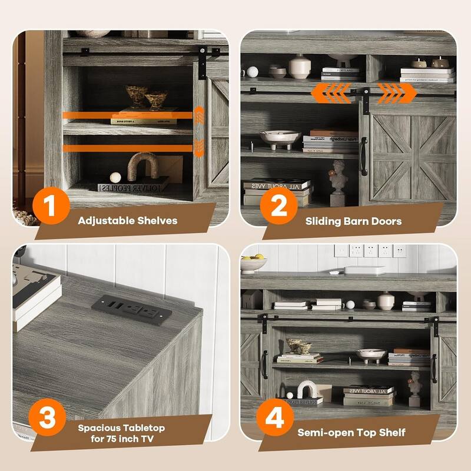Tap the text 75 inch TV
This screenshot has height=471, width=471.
click(x=121, y=438)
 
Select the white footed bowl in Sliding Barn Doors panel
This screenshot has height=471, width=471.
click(x=280, y=139)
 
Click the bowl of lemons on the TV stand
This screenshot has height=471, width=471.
click(x=253, y=263)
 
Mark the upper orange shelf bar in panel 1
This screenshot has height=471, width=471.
click(x=127, y=114)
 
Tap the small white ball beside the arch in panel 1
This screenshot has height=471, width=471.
click(x=116, y=177)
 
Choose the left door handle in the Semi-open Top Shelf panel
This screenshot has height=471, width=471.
click(x=264, y=365)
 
